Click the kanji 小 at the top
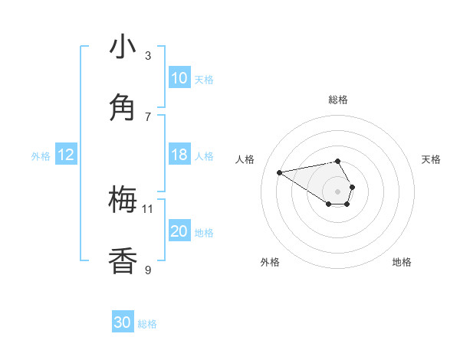(x=123, y=47)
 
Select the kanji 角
(x=123, y=107)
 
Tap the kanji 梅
(x=123, y=200)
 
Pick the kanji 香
(x=123, y=260)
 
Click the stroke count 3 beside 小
(x=148, y=55)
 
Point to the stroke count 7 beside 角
(x=148, y=116)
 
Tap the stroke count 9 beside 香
(x=148, y=270)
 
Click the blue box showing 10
(x=179, y=78)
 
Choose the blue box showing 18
(x=179, y=155)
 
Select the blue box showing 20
(x=179, y=231)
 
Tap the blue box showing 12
(x=66, y=155)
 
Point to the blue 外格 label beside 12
(x=41, y=156)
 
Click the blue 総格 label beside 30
(x=147, y=324)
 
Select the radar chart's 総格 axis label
(x=338, y=100)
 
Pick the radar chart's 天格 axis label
(x=431, y=159)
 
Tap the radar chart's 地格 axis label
(x=402, y=262)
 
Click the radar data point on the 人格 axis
(x=279, y=172)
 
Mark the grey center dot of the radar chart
(x=338, y=191)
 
